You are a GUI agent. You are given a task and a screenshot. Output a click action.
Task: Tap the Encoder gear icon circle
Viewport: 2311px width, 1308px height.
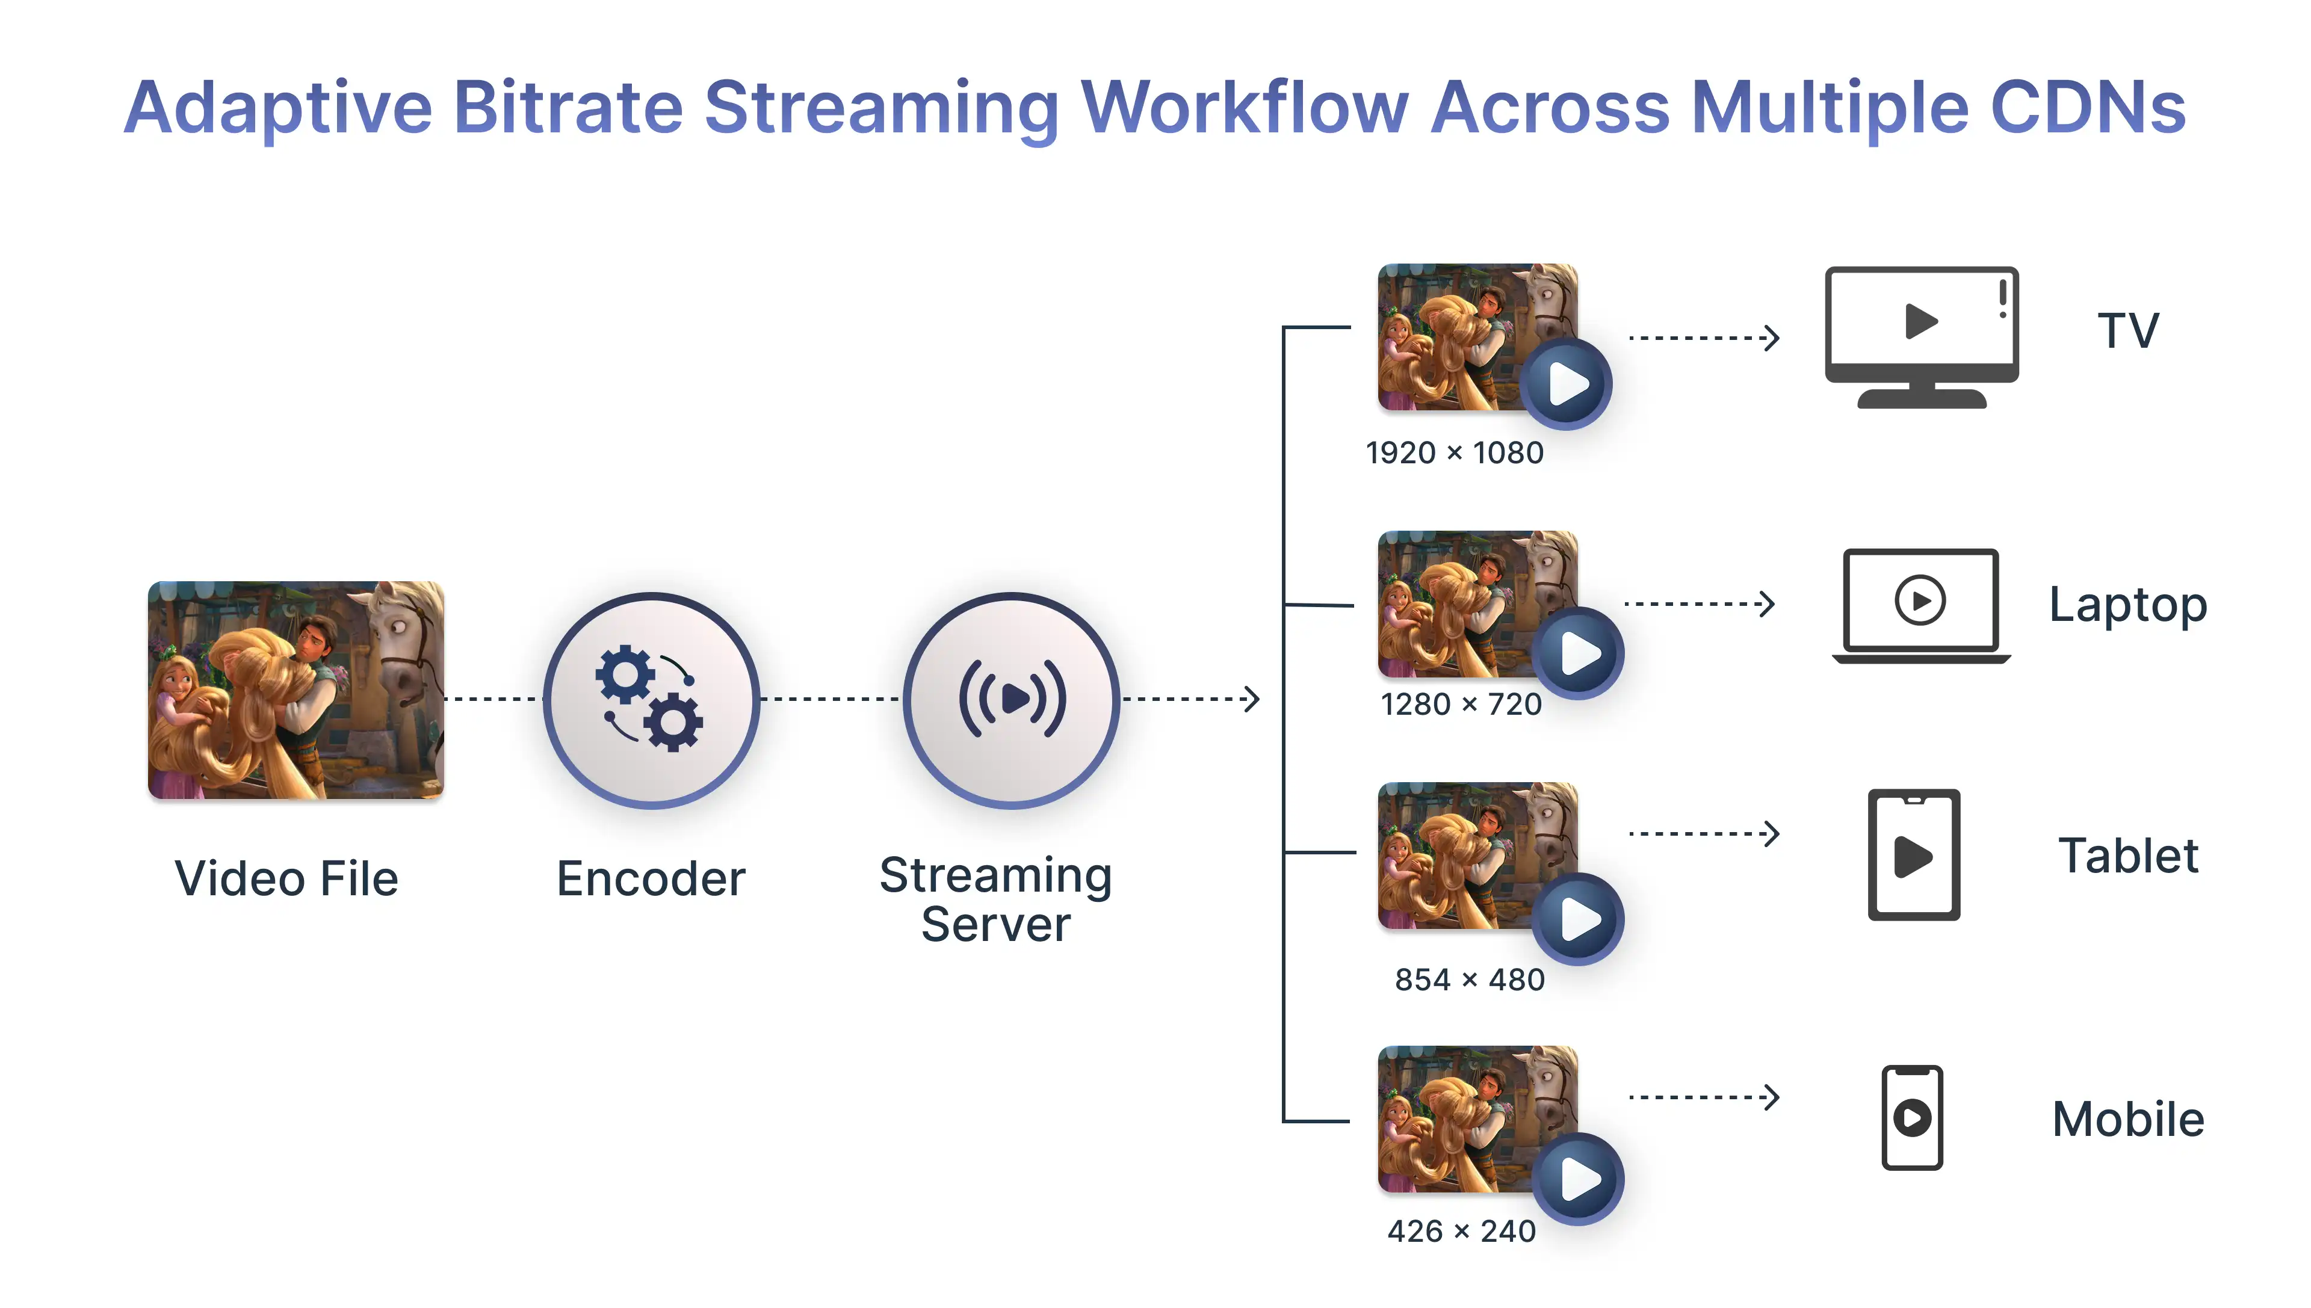click(x=651, y=700)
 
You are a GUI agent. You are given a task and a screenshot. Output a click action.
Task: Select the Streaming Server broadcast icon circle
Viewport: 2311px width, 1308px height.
click(x=1012, y=700)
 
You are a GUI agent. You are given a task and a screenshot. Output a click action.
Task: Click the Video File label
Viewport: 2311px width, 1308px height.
click(x=286, y=878)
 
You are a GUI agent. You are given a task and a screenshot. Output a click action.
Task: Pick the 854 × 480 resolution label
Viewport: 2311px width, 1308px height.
click(x=1469, y=979)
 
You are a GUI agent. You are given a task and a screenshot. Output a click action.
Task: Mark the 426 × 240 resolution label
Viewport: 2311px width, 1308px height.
click(x=1462, y=1231)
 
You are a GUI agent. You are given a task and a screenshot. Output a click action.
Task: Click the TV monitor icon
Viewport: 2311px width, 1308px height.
click(x=1921, y=337)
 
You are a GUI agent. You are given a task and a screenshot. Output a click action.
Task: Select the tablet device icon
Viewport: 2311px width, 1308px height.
click(x=1914, y=854)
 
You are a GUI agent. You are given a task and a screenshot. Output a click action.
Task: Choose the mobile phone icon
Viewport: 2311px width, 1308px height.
click(x=1912, y=1117)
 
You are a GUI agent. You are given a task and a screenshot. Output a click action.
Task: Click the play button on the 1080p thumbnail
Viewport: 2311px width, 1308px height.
click(x=1567, y=384)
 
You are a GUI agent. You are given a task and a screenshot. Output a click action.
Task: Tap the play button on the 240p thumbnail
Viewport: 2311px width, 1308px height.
click(x=1579, y=1179)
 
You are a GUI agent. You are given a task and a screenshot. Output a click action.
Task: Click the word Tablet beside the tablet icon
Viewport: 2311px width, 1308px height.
click(x=2127, y=855)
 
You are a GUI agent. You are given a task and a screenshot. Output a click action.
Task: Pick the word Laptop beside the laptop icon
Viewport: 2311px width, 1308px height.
click(x=2127, y=605)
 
